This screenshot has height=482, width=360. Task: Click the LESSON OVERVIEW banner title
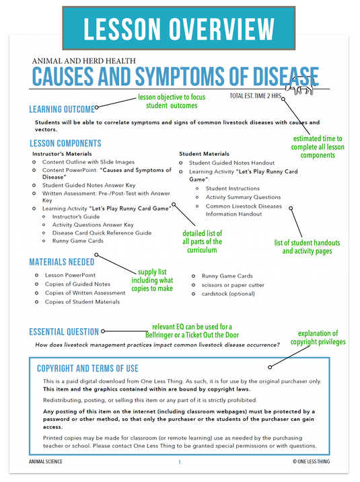(x=179, y=29)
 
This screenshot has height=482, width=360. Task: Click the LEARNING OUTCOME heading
(x=61, y=109)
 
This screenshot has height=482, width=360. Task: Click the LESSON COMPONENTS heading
(x=65, y=143)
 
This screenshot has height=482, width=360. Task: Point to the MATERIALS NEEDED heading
(x=61, y=262)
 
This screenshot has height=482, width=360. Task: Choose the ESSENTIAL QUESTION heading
(x=64, y=331)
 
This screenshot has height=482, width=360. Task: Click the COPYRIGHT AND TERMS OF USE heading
(x=87, y=368)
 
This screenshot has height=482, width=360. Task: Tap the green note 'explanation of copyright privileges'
(x=318, y=337)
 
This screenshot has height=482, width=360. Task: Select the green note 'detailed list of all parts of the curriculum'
(x=202, y=242)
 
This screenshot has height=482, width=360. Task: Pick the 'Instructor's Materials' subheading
(x=61, y=154)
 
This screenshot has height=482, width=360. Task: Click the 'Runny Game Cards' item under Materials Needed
(x=227, y=276)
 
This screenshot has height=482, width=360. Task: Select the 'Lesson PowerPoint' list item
(x=70, y=275)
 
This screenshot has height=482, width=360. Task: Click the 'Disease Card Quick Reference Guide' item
(x=102, y=233)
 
